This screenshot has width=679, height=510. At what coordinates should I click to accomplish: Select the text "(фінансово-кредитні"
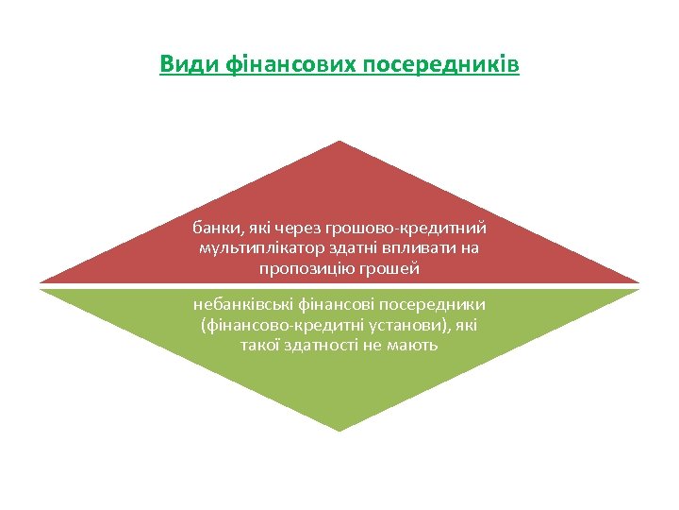pyautogui.click(x=271, y=325)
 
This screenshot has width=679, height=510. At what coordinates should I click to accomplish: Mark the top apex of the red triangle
pyautogui.click(x=339, y=142)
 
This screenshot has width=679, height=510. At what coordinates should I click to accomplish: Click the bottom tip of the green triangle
pyautogui.click(x=339, y=431)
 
